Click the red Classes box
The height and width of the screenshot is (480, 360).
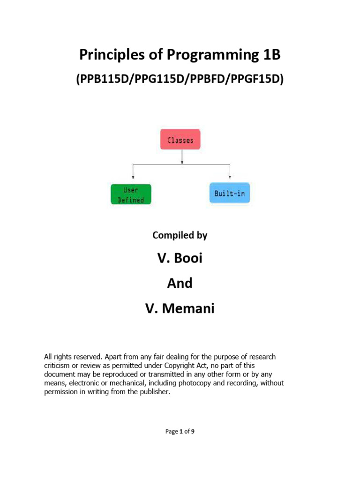[x=180, y=140]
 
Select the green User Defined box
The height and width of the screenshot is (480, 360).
[x=131, y=194]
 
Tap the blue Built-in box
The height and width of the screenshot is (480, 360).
[x=230, y=193]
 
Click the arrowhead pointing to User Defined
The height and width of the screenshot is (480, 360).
[x=134, y=177]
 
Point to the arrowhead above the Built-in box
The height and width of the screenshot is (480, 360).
[x=230, y=177]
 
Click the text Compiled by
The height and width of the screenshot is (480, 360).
[x=180, y=235]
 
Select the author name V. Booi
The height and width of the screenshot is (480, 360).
[x=180, y=258]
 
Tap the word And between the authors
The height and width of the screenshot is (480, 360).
[x=180, y=283]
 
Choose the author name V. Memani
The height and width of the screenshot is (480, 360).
[x=180, y=309]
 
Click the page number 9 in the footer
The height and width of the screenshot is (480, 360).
[x=193, y=432]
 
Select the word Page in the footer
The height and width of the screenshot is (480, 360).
[x=172, y=432]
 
